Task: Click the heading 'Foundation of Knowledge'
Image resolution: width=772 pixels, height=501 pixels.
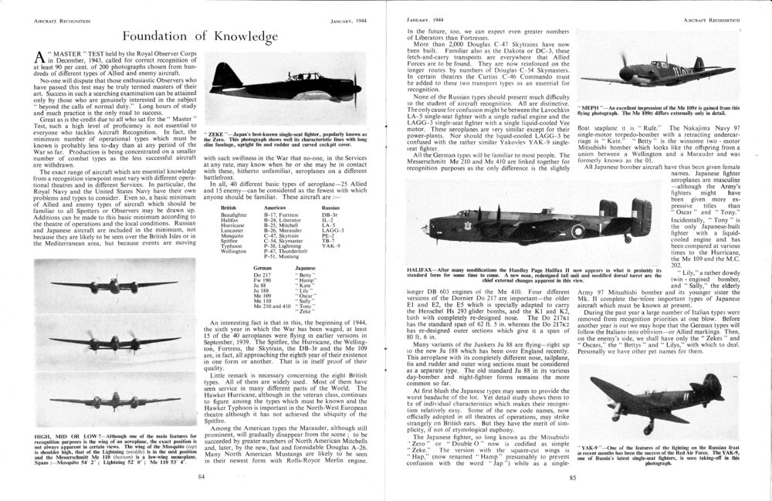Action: pos(199,36)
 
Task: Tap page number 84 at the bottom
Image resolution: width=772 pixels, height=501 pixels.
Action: pos(201,478)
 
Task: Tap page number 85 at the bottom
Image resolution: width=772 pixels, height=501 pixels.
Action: pos(572,478)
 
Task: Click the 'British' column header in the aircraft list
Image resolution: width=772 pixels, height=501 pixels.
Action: pos(229,208)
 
